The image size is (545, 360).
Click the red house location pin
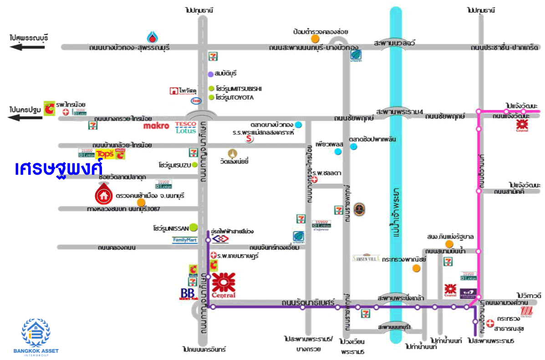click(x=104, y=194)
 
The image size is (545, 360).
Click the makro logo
click(x=156, y=126)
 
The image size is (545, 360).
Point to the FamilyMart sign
click(x=185, y=240)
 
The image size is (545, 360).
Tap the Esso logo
click(x=196, y=101)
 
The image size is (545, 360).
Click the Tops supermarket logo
click(x=104, y=154)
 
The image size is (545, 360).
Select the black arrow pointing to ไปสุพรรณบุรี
click(x=28, y=47)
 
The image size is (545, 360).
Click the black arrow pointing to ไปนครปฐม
click(x=28, y=117)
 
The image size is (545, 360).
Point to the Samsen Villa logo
click(x=367, y=257)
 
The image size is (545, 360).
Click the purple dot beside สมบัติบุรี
click(x=211, y=74)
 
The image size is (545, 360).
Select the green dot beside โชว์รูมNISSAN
click(x=194, y=227)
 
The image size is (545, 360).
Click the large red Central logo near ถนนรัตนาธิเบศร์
click(x=224, y=285)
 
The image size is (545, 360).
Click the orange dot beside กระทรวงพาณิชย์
click(x=416, y=268)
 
